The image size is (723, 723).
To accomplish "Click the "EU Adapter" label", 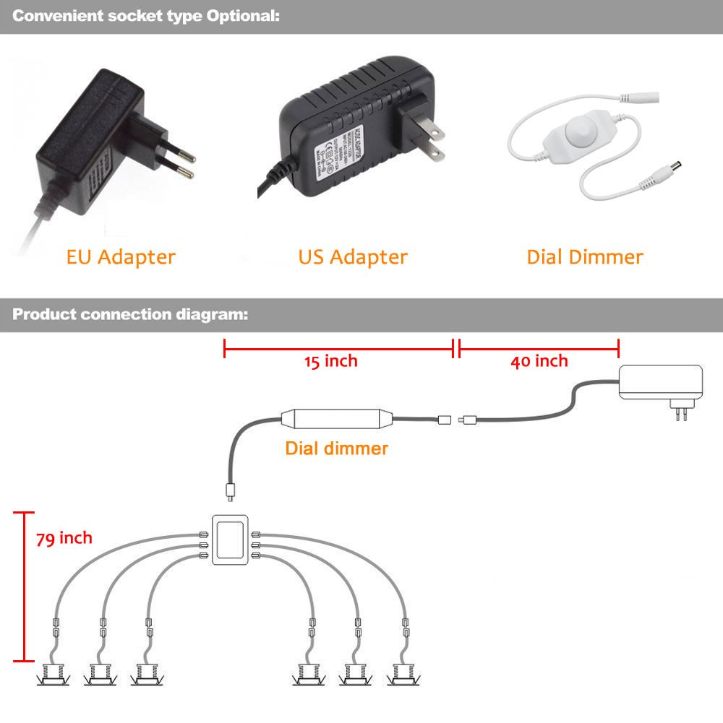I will (x=121, y=256).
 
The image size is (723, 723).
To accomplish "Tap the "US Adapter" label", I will (x=353, y=256).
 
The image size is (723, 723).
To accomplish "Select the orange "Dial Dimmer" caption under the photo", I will (x=584, y=256).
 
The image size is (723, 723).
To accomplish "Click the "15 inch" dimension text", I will (x=330, y=361).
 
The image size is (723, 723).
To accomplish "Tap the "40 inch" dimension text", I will (x=539, y=361).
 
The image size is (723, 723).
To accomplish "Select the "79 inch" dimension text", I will (x=64, y=538).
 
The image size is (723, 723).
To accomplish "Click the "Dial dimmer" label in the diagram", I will (x=336, y=449).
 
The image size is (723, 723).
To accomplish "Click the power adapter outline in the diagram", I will (x=661, y=383).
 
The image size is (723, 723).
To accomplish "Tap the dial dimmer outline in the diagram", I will (x=336, y=420).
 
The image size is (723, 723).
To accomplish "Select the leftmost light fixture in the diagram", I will (x=53, y=676).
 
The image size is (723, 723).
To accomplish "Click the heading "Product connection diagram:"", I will (x=131, y=315).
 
